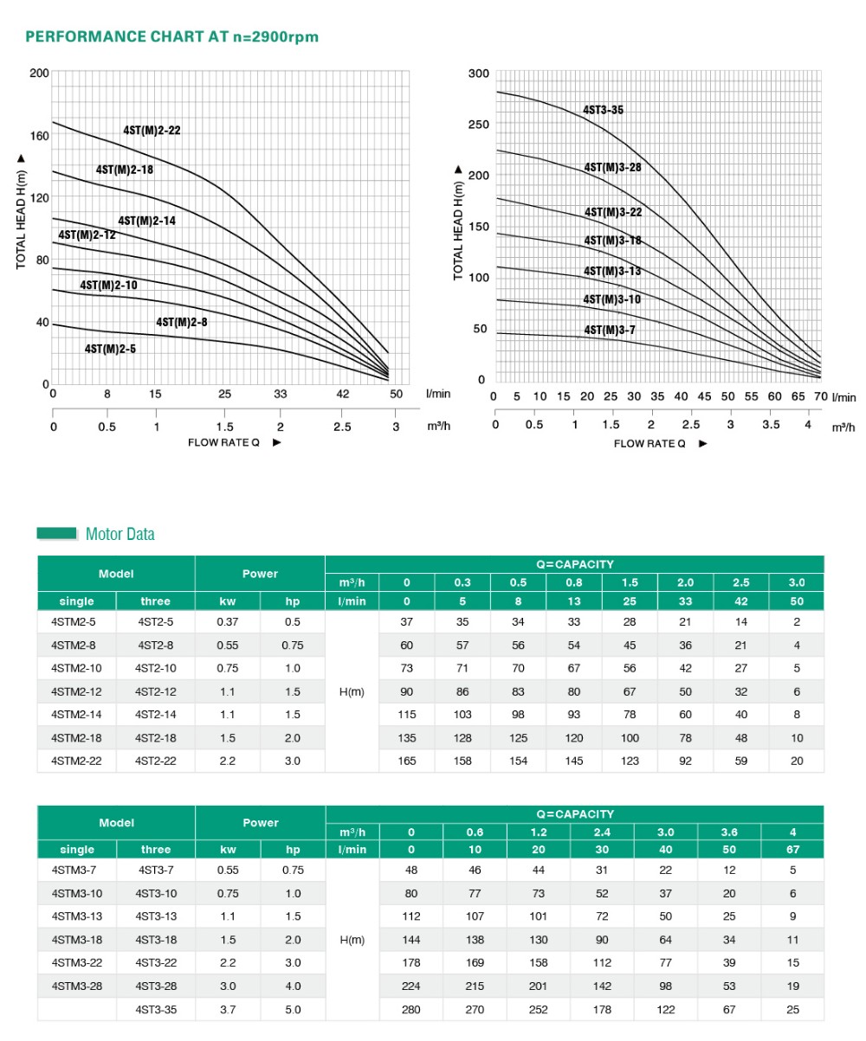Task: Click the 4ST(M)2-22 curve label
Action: click(x=152, y=131)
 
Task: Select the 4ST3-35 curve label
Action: click(x=603, y=110)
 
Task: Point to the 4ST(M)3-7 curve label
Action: click(x=610, y=330)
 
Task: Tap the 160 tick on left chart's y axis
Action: click(x=40, y=136)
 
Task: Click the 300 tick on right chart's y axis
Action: click(x=479, y=74)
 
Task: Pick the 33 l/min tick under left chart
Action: click(x=281, y=394)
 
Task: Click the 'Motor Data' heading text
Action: click(x=120, y=534)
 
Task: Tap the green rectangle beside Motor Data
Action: click(x=57, y=534)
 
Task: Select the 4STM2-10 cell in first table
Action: click(x=76, y=668)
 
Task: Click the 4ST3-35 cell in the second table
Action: click(x=156, y=1010)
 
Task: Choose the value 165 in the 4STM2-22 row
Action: click(x=407, y=761)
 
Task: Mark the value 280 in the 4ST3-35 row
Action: click(x=411, y=1010)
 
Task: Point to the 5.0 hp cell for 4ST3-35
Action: click(x=293, y=1010)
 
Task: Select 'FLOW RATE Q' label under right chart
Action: click(x=649, y=444)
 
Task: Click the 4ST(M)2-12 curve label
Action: click(x=87, y=235)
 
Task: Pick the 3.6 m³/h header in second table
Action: click(x=729, y=832)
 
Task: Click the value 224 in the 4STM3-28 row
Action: click(x=411, y=986)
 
